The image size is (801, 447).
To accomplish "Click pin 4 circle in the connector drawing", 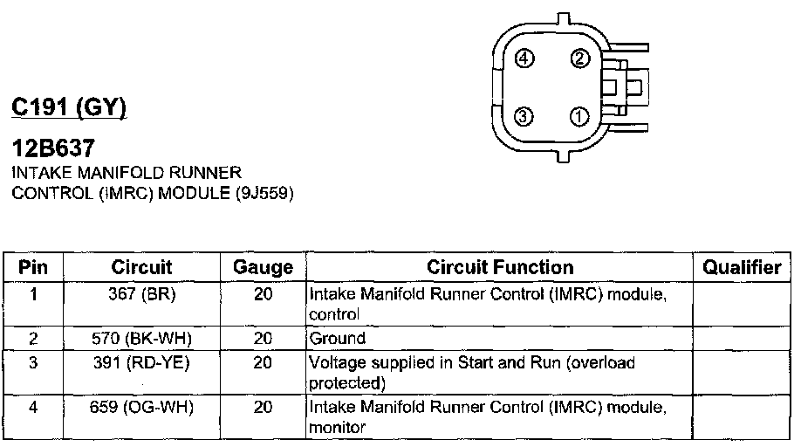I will point(524,59).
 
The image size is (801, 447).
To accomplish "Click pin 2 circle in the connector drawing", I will point(580,59).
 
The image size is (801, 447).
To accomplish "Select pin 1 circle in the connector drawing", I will point(580,116).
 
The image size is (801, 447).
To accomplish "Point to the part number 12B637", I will point(53,149).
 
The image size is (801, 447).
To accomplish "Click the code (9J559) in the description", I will point(263,193).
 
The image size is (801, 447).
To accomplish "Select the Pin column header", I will point(33,267).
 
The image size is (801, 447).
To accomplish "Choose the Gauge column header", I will point(263,267).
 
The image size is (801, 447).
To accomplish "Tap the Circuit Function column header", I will point(500,267).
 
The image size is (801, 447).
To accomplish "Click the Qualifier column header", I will point(742,267).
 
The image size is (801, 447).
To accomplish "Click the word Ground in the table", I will point(337,338).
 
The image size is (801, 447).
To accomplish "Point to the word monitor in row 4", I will point(336,428).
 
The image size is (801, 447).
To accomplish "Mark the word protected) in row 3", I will point(346,382).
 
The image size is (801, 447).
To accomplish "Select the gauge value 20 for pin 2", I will point(263,338).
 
